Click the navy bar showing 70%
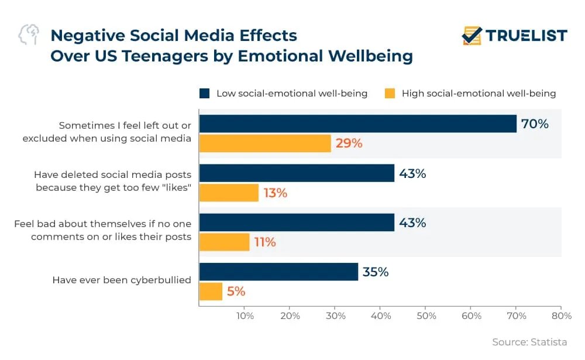357,124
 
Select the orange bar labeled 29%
265,143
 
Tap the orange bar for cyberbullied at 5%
211,291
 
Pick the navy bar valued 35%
278,272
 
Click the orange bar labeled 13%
229,193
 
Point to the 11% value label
264,242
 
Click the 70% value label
535,124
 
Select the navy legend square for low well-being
204,93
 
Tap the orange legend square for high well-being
390,93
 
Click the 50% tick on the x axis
426,316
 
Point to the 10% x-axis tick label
245,316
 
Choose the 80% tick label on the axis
561,316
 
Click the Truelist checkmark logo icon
472,35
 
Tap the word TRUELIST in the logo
526,36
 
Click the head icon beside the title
29,35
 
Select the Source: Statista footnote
529,342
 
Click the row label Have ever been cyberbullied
122,280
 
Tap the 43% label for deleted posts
412,173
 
